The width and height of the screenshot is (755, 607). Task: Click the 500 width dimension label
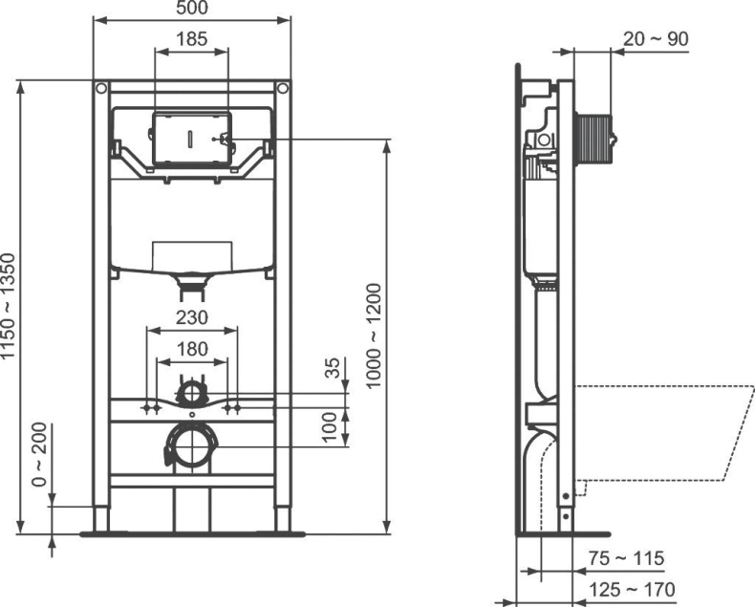click(191, 9)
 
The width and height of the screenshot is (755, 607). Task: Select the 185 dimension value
click(191, 39)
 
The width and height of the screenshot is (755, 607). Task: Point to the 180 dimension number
click(191, 349)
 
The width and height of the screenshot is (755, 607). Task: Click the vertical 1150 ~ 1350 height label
click(9, 306)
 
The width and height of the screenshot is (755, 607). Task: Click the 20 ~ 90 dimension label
click(656, 38)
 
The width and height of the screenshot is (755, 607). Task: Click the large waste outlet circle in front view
click(192, 444)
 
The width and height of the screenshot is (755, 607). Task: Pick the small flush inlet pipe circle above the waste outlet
click(192, 392)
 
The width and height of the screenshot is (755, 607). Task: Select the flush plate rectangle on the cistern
click(190, 139)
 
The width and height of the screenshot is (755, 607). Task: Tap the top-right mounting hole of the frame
click(282, 90)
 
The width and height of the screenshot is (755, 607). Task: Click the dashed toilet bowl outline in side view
click(659, 435)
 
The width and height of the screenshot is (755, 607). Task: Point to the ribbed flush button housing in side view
click(594, 140)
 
